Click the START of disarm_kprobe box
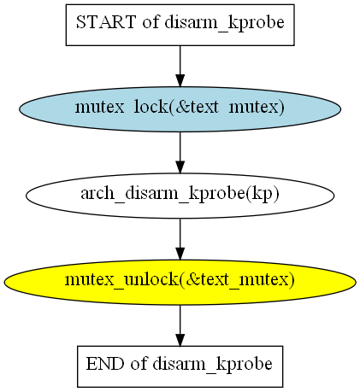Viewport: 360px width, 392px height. (x=180, y=25)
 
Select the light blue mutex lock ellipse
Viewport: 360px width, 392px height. (x=180, y=109)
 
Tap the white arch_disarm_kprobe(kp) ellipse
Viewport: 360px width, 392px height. (x=180, y=196)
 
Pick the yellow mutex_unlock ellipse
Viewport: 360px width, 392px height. (x=180, y=282)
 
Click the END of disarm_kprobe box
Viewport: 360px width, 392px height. (x=180, y=366)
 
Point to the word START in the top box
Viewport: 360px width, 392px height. (x=105, y=22)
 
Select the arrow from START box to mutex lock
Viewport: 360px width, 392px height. (x=180, y=66)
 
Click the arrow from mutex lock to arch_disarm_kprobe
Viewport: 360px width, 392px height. (x=180, y=153)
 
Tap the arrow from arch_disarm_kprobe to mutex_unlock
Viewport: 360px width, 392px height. (x=180, y=239)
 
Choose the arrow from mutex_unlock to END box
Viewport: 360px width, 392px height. (x=180, y=325)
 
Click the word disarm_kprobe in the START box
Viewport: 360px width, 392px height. (x=224, y=23)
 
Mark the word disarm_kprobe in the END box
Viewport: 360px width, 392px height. (x=212, y=365)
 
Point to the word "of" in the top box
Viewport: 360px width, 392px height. (x=150, y=22)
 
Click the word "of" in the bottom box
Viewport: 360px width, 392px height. (x=139, y=364)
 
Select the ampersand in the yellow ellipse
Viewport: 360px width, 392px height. (x=193, y=279)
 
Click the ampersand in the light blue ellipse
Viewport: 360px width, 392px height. (x=183, y=107)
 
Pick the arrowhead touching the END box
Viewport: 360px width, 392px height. (x=180, y=339)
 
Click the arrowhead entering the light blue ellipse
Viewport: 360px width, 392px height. (x=180, y=80)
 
